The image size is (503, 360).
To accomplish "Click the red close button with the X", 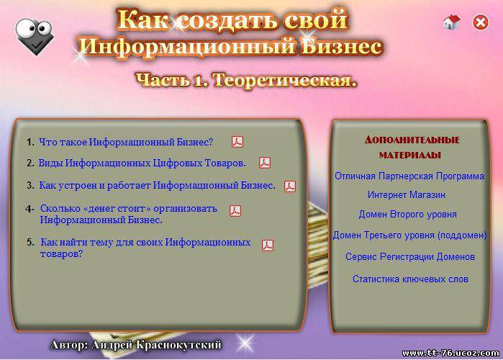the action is [x=481, y=22].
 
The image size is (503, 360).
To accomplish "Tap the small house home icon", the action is [x=452, y=22].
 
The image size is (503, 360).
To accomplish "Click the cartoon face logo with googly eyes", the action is [x=35, y=36].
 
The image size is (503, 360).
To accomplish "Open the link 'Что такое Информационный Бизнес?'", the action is [x=126, y=142].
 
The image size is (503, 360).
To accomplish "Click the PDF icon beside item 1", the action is [x=237, y=142].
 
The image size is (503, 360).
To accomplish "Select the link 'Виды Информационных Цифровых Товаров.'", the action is [x=142, y=163].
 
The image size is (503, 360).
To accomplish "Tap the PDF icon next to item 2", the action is [x=265, y=163].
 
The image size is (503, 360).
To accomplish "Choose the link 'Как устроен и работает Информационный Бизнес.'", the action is [x=157, y=186].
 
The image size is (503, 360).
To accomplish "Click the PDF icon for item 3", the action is [x=290, y=186].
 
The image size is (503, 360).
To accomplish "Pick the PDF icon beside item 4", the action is [x=235, y=211].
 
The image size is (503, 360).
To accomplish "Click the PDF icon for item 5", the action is [x=268, y=246].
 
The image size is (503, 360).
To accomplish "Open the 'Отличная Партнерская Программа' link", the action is [x=409, y=176].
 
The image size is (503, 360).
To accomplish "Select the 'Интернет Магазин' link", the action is [x=407, y=194].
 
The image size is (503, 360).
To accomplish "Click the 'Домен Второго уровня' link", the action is [x=408, y=215].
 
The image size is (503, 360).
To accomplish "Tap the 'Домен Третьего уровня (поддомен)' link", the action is [x=409, y=235].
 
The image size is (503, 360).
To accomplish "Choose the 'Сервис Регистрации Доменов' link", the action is [x=410, y=257].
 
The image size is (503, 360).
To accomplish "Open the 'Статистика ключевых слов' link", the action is [x=410, y=279].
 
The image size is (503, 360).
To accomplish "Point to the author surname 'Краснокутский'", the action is [x=178, y=345].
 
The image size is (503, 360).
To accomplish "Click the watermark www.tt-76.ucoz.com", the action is [x=450, y=354].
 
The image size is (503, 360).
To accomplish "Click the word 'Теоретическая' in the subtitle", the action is [x=285, y=80].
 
